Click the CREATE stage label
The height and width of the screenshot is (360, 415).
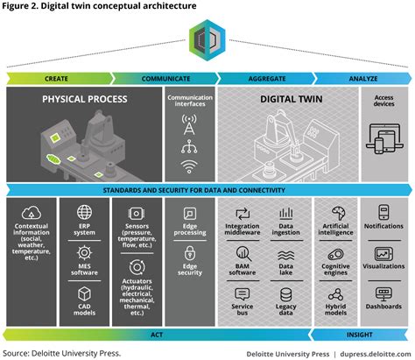coord(57,79)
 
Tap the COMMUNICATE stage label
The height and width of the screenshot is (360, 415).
coord(166,79)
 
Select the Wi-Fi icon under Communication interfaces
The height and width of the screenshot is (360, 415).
coord(189,164)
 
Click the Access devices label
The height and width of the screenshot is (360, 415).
coord(383,102)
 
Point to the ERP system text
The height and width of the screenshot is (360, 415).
coord(84,231)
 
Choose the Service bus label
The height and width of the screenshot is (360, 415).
coord(243,308)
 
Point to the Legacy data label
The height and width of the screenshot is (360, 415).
coord(285,308)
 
